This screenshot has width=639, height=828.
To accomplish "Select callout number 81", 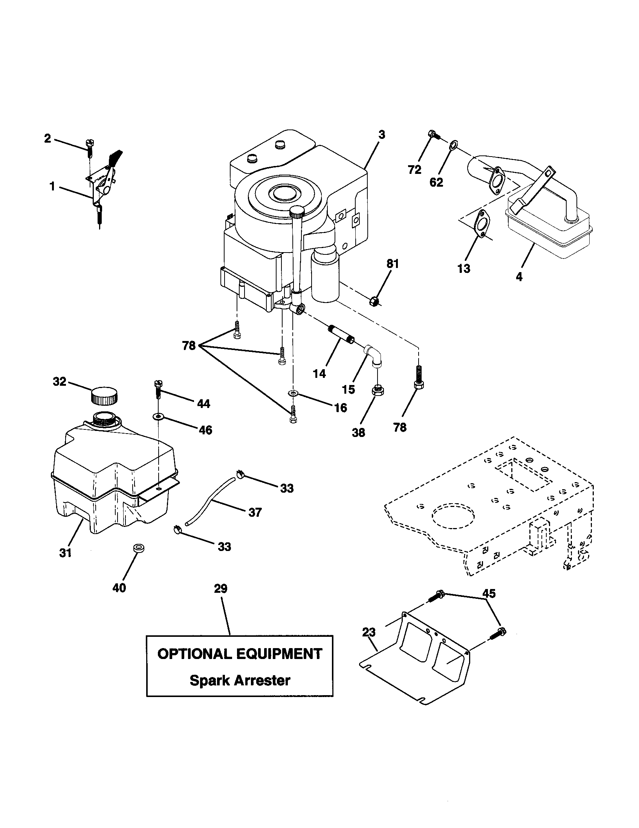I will [x=393, y=263].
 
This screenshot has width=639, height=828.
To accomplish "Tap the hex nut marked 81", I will [x=374, y=302].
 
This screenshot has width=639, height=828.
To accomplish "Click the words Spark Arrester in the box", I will [x=240, y=680].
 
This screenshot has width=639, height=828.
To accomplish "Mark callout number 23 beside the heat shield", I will [x=368, y=632].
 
